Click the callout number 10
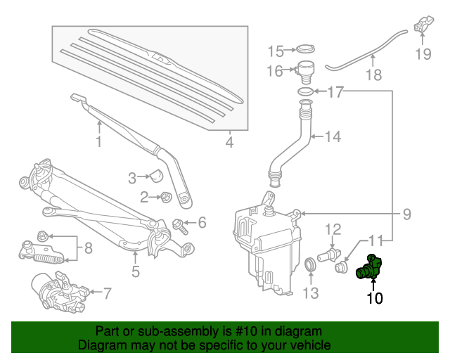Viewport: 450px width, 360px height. tap(374, 298)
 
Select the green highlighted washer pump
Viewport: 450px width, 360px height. tap(369, 269)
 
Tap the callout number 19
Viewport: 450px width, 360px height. tap(422, 53)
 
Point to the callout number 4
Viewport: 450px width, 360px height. tap(229, 144)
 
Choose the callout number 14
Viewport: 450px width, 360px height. tap(332, 137)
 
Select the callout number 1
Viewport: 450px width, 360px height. tap(98, 143)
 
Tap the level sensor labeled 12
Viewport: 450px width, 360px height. tap(330, 250)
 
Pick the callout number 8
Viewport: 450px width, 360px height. tap(88, 247)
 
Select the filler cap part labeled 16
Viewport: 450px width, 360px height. tap(304, 70)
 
